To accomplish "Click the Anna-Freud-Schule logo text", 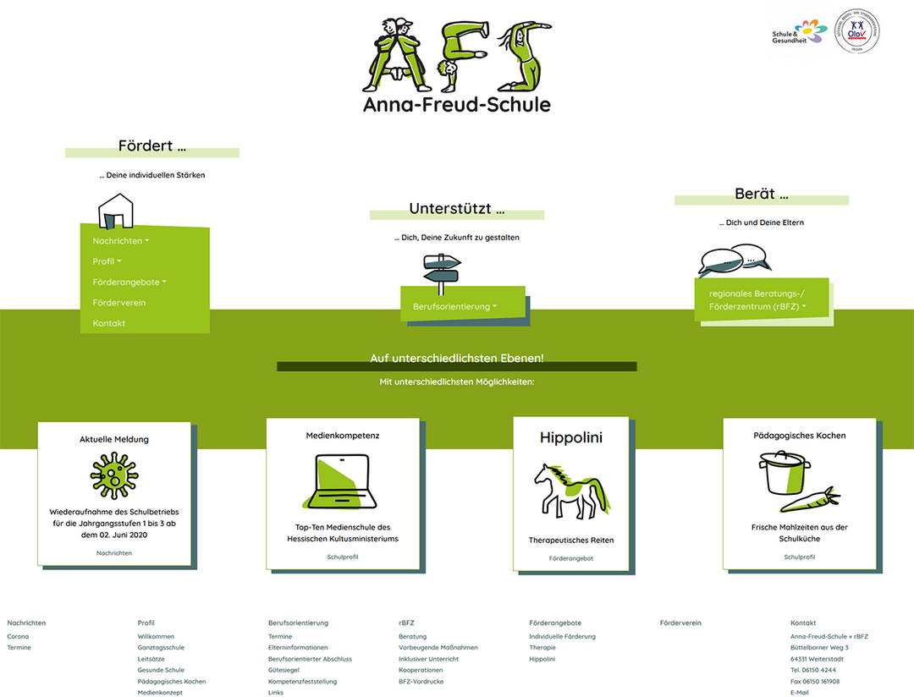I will point(456,105).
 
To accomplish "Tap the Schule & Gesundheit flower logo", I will point(800,33).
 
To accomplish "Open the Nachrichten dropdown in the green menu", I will point(120,241).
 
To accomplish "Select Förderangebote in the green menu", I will point(129,283).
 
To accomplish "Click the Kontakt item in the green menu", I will point(109,323).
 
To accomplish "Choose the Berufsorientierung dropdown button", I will point(454,306).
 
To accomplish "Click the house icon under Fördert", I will point(116,211).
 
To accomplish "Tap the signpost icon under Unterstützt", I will point(442,269).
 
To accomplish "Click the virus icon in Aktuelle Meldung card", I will point(113,475).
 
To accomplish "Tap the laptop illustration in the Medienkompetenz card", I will point(342,483).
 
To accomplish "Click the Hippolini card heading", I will point(571,438).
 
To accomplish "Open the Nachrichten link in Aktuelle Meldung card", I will point(114,553).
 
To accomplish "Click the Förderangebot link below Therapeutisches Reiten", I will point(571,558).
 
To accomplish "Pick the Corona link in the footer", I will point(18,636).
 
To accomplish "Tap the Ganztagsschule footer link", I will point(161,647).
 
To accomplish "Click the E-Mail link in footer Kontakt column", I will point(800,692).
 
